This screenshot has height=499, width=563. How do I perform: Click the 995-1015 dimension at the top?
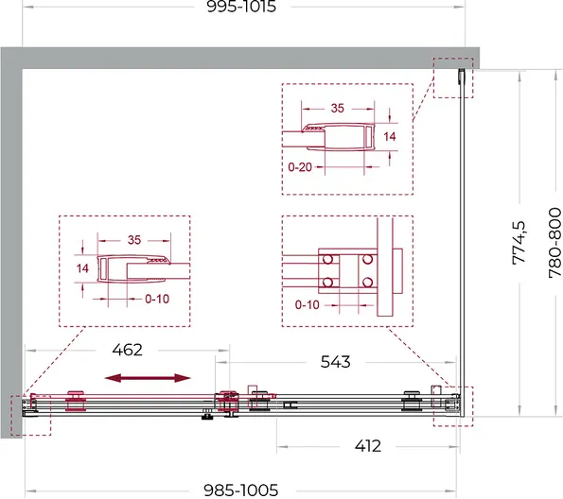click(241, 7)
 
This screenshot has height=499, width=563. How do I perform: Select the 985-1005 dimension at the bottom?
click(241, 490)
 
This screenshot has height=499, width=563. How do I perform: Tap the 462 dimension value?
click(127, 350)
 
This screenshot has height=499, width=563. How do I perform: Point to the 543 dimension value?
click(335, 362)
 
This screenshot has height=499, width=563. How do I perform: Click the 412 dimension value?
click(368, 446)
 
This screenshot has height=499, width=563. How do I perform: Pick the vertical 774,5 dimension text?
click(519, 243)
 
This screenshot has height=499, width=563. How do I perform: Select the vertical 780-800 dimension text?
click(554, 243)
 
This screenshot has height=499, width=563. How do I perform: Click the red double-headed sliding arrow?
click(148, 378)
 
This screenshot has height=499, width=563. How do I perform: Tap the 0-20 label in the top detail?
click(300, 167)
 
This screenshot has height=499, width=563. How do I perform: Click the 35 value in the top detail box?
click(338, 108)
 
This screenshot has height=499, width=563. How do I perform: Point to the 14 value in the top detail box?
click(390, 136)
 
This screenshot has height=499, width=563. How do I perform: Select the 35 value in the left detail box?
click(134, 240)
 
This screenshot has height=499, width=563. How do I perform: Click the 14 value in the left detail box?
click(82, 268)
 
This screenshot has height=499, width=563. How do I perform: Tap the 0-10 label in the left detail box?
click(157, 299)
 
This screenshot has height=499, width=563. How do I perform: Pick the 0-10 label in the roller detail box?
click(307, 305)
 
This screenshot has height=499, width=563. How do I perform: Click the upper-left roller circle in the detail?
click(327, 259)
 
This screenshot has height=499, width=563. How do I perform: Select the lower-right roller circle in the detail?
click(367, 283)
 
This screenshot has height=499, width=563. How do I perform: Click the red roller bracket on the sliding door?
click(75, 401)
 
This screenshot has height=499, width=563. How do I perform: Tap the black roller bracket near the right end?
click(412, 401)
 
